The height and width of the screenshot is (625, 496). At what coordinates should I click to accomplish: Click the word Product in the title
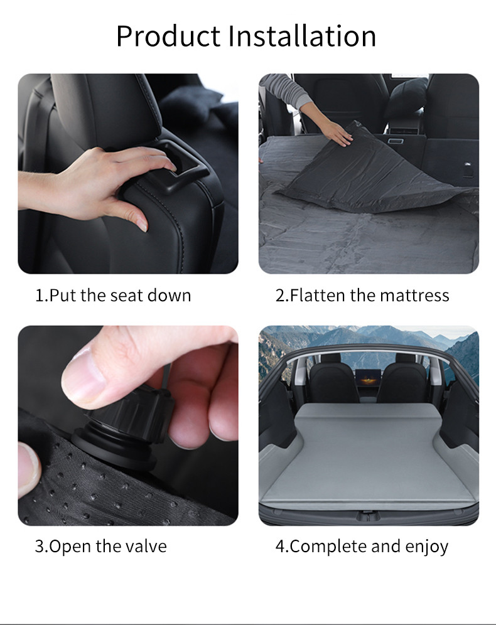click(168, 36)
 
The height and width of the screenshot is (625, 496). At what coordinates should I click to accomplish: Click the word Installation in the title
click(302, 36)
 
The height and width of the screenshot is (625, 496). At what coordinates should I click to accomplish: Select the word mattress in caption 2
click(414, 296)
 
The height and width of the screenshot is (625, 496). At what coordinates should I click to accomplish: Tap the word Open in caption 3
click(67, 547)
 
